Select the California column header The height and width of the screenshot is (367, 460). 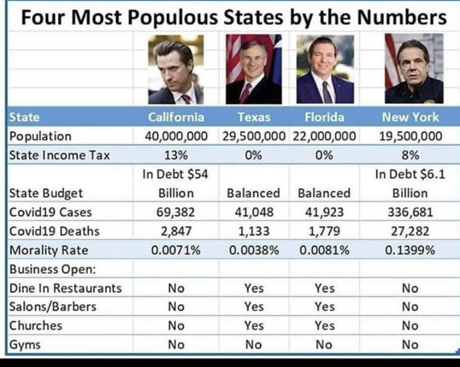click(176, 117)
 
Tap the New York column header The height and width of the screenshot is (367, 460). click(410, 117)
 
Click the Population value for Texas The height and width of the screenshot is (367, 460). click(254, 136)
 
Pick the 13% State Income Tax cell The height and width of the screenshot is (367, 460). click(176, 155)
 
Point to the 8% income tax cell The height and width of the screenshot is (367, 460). click(410, 155)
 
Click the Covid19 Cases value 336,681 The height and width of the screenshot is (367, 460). click(410, 212)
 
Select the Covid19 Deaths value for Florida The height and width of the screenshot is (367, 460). click(324, 231)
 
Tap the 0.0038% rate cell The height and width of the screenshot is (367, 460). click(254, 250)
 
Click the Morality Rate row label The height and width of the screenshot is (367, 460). click(49, 250)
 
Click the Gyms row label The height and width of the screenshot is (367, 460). click(25, 345)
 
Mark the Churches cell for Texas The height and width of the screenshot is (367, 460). click(254, 326)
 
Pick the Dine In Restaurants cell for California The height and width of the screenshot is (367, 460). click(176, 288)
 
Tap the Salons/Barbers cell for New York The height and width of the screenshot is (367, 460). click(410, 307)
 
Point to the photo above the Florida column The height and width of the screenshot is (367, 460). click(325, 69)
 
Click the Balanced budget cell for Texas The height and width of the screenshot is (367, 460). click(253, 193)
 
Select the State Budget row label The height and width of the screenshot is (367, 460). click(46, 193)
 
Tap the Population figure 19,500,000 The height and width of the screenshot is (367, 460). click(410, 136)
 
